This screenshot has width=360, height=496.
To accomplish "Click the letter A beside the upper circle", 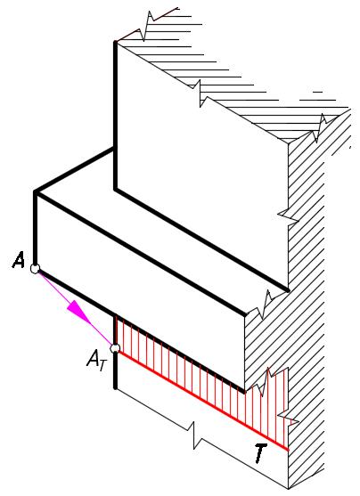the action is (x=19, y=261).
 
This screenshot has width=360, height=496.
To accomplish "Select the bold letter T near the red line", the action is (x=260, y=453).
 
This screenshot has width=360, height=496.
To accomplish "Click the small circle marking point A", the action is (x=35, y=269).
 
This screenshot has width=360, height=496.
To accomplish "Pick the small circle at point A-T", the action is (x=115, y=348).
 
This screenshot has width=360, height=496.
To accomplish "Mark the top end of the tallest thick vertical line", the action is (x=116, y=42).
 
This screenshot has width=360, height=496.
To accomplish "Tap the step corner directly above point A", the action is (x=35, y=192).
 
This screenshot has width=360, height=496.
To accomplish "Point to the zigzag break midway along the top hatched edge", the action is (x=200, y=94).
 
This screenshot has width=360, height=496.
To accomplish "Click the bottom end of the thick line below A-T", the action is (x=116, y=388).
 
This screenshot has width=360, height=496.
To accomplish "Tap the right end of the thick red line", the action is (x=288, y=450).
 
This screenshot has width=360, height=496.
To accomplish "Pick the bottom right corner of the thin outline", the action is (x=289, y=488).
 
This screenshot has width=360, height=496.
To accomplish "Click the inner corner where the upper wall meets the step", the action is (x=116, y=190).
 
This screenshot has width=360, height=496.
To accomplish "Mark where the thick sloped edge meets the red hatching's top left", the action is (x=116, y=315).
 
